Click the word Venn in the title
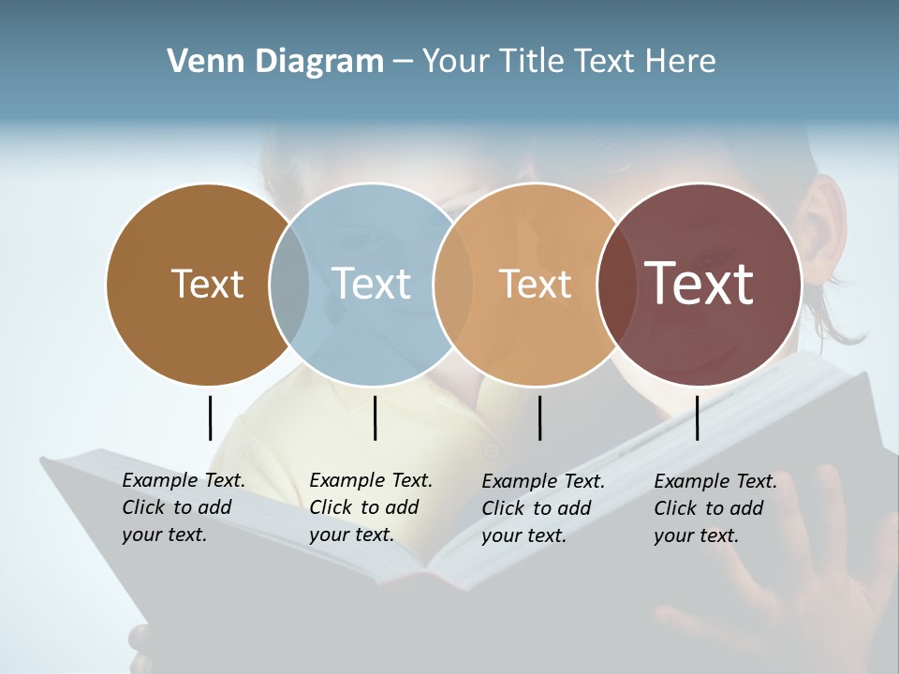(198, 62)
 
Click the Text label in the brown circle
(207, 284)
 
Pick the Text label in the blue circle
(371, 284)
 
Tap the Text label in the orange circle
(535, 284)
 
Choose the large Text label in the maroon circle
(700, 284)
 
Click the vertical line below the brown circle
(210, 418)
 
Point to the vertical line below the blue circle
(375, 418)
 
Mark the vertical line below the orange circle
(539, 418)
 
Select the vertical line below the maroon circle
(697, 418)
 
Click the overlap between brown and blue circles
(288, 284)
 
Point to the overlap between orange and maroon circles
(617, 284)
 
